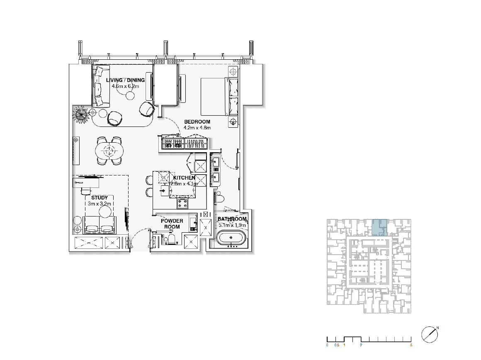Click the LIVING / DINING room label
coord(126,80)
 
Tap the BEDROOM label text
coord(197,122)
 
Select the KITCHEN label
coord(184,178)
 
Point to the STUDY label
coord(100,198)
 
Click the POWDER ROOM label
coord(172,224)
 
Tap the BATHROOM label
coord(232,219)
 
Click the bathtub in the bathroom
coord(231,238)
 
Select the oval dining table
coord(109,151)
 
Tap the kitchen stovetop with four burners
coord(182,203)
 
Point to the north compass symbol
coord(430,334)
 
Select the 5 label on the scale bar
coord(411,345)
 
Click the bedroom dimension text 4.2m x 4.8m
coord(197,128)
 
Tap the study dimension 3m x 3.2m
coord(100,204)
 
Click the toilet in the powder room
coord(170,239)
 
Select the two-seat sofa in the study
coord(100,225)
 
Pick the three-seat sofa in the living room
coord(101,86)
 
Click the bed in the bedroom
coord(220,97)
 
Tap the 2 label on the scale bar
coord(361,345)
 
